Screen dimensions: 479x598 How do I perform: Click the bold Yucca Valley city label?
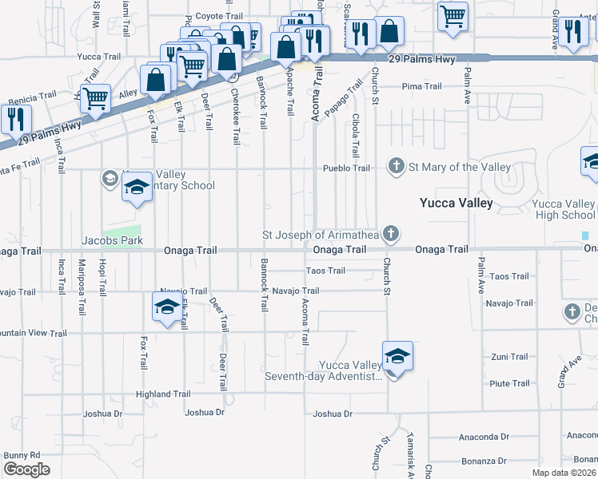coord(456,203)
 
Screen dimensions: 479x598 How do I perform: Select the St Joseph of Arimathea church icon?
coord(390,235)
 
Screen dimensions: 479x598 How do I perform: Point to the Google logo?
coord(26,469)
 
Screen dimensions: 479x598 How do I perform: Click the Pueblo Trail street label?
coord(346,168)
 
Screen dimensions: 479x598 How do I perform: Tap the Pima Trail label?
coord(421,86)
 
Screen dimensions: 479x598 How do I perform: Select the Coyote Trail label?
coord(219,16)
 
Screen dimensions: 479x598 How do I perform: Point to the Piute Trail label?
coord(509,384)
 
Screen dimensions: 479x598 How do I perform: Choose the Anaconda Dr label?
coord(484,437)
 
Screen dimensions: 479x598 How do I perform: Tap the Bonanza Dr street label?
coord(484,461)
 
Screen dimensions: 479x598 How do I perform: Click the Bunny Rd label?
coord(22,455)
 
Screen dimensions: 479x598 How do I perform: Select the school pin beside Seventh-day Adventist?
coord(397,357)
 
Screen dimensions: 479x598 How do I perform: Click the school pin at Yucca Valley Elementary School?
coord(137,188)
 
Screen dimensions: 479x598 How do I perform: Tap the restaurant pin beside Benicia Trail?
coord(15,119)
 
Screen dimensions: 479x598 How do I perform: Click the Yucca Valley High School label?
coord(564,209)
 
